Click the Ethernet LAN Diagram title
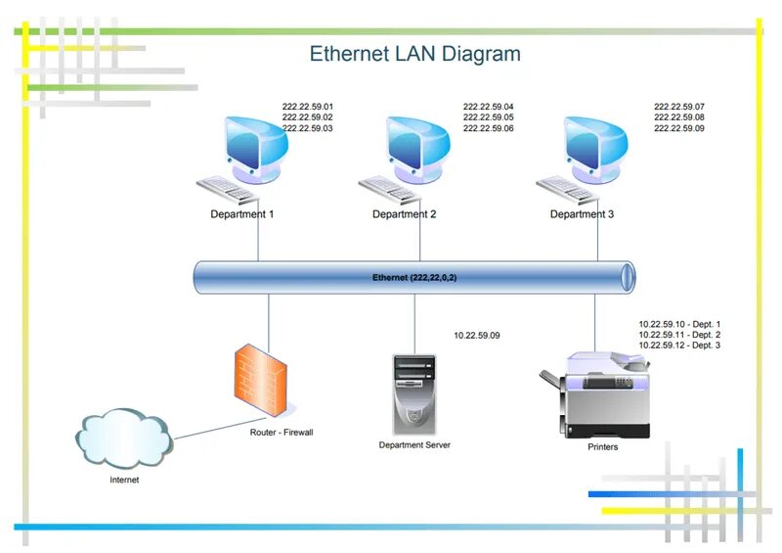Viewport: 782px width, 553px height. pyautogui.click(x=414, y=53)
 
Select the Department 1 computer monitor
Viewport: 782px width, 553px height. pyautogui.click(x=257, y=145)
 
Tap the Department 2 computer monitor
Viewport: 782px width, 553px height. pyautogui.click(x=418, y=145)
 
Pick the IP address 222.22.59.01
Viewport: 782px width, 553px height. pyautogui.click(x=308, y=107)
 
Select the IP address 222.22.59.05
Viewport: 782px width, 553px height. pyautogui.click(x=489, y=117)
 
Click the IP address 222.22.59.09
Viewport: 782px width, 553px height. pyautogui.click(x=679, y=128)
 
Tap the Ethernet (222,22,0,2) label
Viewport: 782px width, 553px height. pyautogui.click(x=414, y=278)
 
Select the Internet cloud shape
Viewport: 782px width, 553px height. pyautogui.click(x=123, y=439)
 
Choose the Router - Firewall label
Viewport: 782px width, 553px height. pyautogui.click(x=282, y=432)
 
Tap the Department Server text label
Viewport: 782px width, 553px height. pyautogui.click(x=414, y=445)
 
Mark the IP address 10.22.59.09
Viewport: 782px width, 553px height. pyautogui.click(x=477, y=336)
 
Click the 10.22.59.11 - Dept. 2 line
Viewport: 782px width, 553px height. pyautogui.click(x=679, y=335)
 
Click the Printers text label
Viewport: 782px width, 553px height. pyautogui.click(x=603, y=447)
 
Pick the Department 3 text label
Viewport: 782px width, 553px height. pyautogui.click(x=582, y=214)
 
